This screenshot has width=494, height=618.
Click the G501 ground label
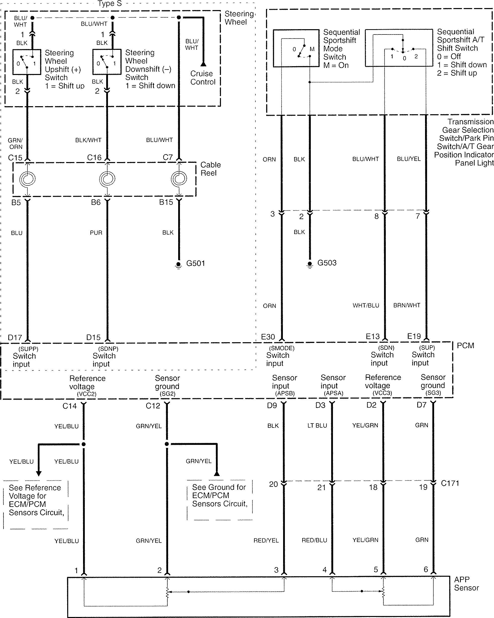(x=196, y=263)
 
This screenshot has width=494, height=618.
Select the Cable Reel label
(x=210, y=169)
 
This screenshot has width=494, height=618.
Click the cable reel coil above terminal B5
(x=27, y=179)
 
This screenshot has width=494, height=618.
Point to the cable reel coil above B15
(x=179, y=179)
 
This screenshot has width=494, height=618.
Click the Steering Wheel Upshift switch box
(x=27, y=62)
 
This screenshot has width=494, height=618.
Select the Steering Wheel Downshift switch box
(x=107, y=62)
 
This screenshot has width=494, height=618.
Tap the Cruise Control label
(x=203, y=78)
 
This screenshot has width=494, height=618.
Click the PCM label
(x=465, y=345)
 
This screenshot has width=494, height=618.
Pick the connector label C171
(x=450, y=483)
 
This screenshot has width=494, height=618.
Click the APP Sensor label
(x=466, y=584)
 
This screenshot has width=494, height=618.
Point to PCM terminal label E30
(x=268, y=337)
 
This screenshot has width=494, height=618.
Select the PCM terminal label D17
(x=15, y=337)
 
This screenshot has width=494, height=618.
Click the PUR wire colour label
(x=96, y=233)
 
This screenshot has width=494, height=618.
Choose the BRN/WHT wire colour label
(x=407, y=305)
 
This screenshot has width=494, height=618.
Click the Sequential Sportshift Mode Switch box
(x=296, y=48)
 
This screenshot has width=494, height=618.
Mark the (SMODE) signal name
(x=282, y=348)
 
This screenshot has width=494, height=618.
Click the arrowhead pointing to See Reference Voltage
(x=39, y=473)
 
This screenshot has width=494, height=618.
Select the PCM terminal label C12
(x=153, y=406)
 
